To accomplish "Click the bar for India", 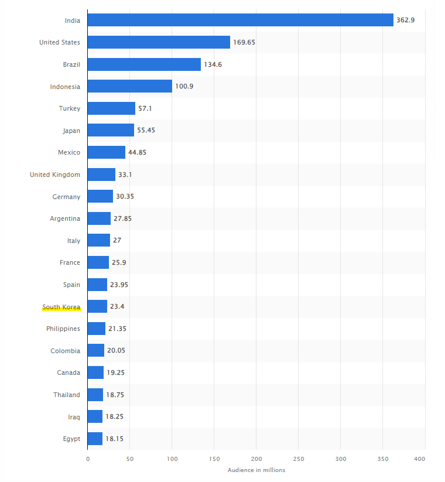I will (x=240, y=20).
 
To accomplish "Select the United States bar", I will (x=159, y=42).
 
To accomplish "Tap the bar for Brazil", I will (x=144, y=64).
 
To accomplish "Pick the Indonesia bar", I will (x=129, y=87).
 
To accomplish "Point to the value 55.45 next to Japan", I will (x=146, y=131).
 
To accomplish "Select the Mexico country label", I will (x=69, y=152).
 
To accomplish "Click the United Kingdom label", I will (x=55, y=175).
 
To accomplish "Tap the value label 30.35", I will (x=125, y=196).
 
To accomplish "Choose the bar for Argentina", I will (x=99, y=218).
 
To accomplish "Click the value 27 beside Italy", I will (x=117, y=241).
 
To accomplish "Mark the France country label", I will (x=70, y=262).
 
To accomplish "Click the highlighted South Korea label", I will (x=61, y=307).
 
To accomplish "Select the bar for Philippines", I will (x=97, y=329).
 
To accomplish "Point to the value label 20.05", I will (x=116, y=351).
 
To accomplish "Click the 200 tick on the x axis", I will (x=256, y=460).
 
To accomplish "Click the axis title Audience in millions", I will (x=256, y=470).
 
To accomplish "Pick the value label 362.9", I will (x=405, y=20).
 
